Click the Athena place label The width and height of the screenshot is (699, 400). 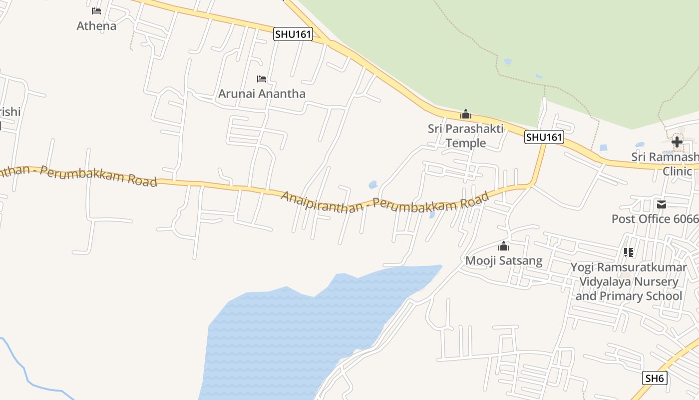click(96, 26)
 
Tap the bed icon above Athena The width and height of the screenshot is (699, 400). click(96, 10)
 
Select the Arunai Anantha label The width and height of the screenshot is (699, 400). click(262, 93)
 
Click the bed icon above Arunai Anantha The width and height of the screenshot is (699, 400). click(262, 78)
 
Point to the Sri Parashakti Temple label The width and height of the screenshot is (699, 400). click(465, 135)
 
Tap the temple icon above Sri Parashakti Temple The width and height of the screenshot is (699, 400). click(466, 114)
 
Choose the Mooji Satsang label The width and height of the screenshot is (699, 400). click(504, 260)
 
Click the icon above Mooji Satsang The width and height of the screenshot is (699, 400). click(504, 246)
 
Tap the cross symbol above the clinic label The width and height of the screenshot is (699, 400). click(677, 142)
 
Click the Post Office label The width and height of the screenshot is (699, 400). click(655, 219)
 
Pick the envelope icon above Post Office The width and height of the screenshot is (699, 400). click(662, 204)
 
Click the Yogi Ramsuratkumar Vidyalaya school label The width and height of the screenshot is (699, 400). click(629, 281)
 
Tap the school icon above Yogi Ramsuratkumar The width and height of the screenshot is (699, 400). click(629, 252)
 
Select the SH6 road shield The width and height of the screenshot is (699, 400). click(655, 378)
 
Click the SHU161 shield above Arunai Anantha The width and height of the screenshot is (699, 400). click(293, 34)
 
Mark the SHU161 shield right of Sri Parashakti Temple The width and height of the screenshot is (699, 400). click(544, 137)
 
